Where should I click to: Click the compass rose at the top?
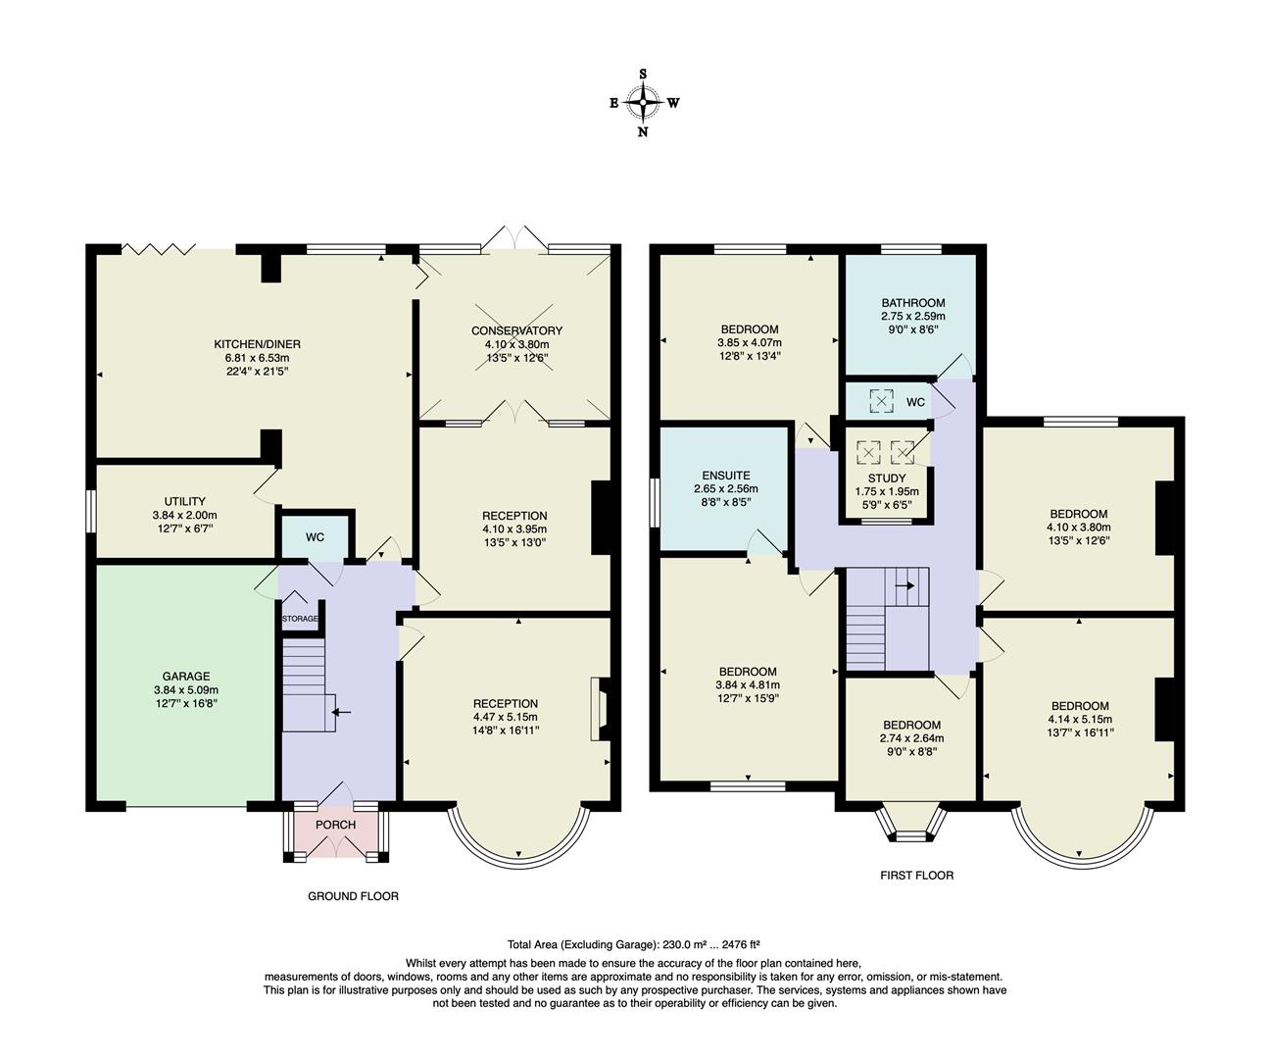coord(643,102)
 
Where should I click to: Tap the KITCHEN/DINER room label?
coord(257,344)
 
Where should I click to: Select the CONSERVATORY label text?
coord(516,330)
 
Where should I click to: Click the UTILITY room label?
coord(184,501)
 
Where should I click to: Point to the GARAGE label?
coord(185,677)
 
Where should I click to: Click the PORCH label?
coord(335,825)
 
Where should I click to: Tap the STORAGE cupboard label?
coord(300,619)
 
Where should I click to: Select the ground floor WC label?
coord(315,537)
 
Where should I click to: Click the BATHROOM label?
coord(912,303)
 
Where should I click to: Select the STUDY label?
coord(886,479)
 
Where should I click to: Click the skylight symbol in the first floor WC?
coord(882,401)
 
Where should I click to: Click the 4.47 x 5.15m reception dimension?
coord(506,717)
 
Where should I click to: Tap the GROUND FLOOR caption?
coord(353,896)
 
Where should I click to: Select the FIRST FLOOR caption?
coord(916,875)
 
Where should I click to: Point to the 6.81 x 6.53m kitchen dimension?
coord(257,358)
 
